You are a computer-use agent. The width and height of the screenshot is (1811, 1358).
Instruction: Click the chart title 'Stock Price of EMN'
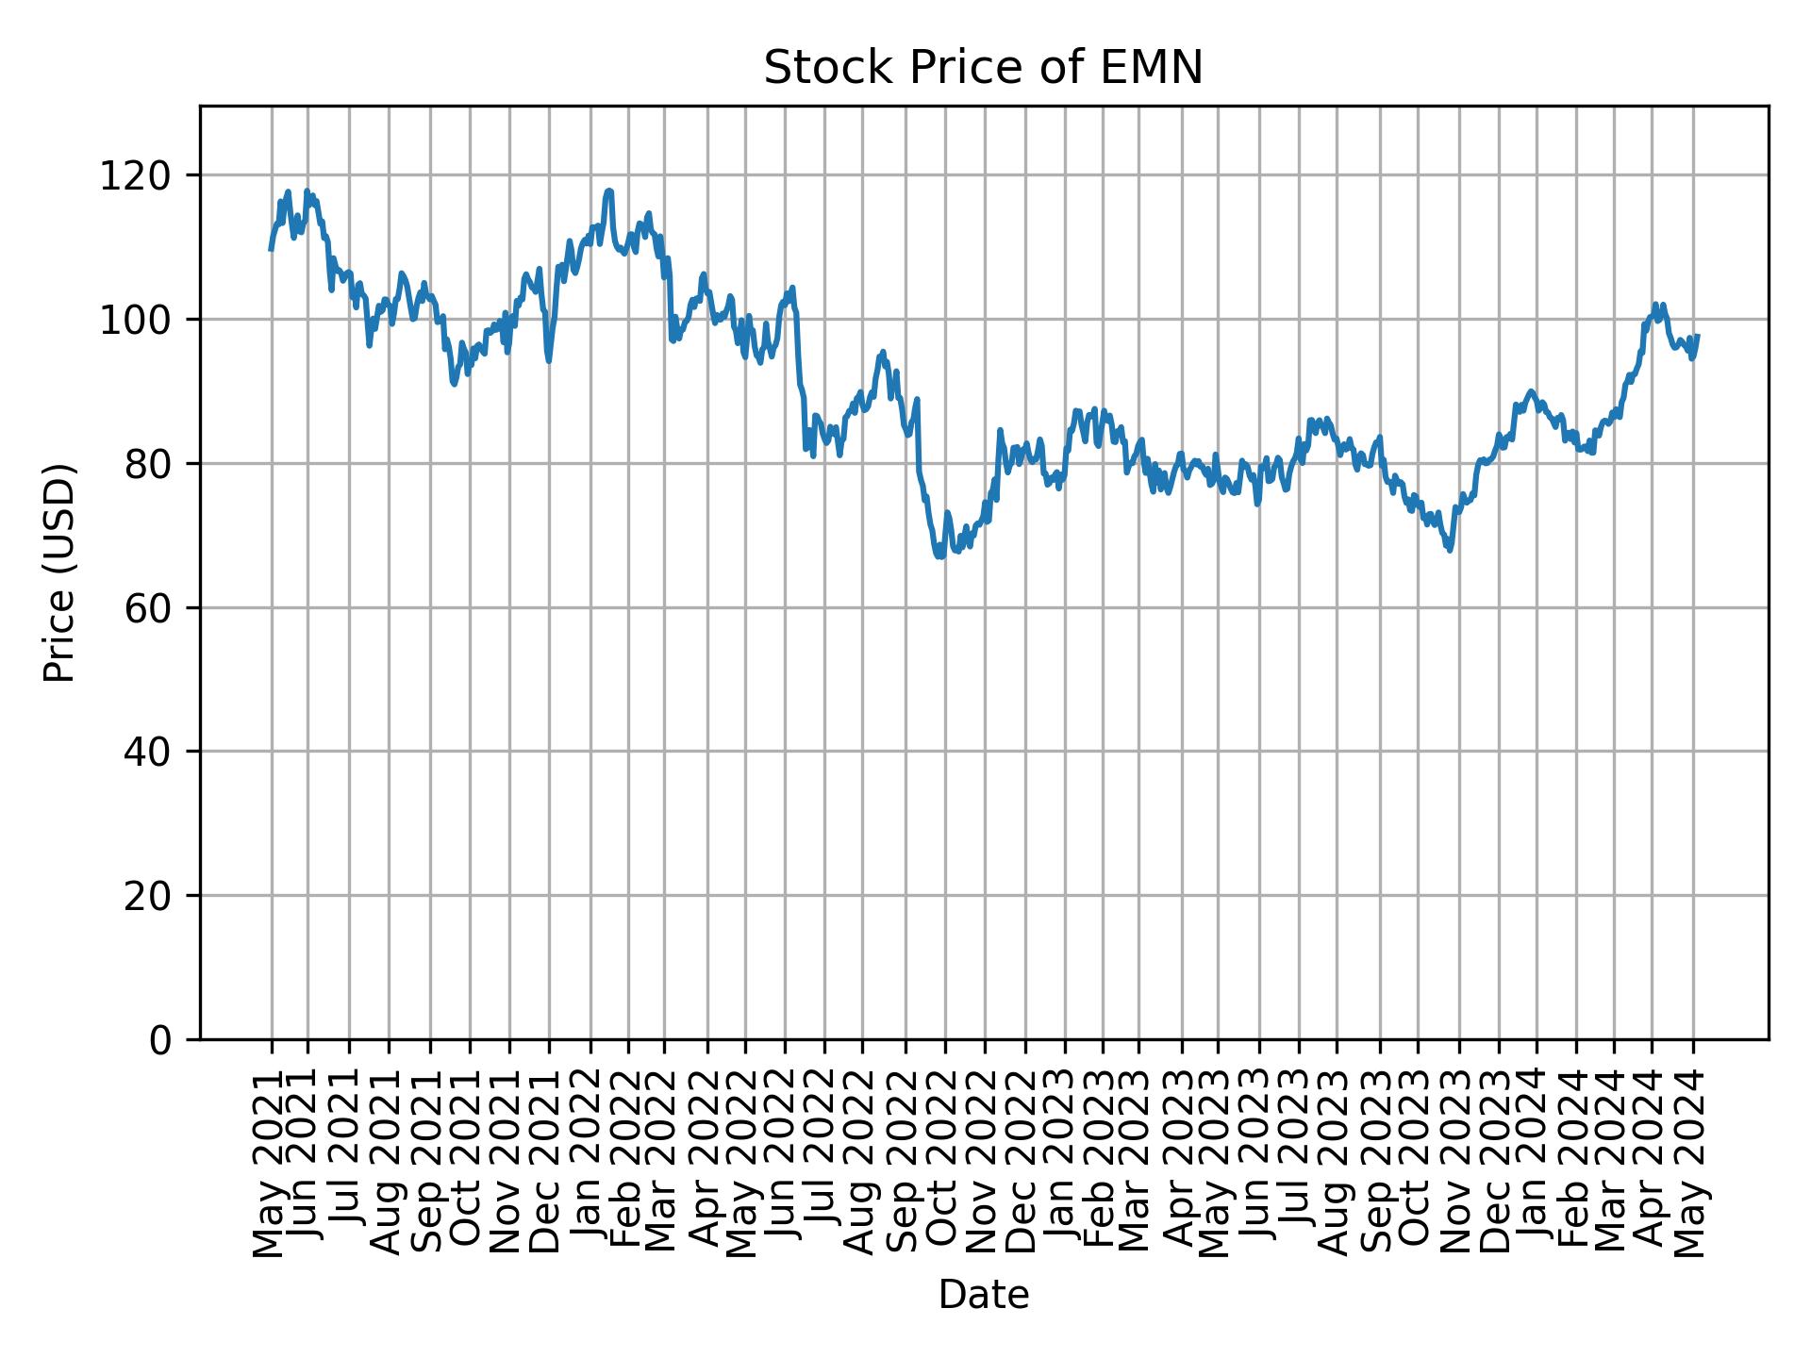pyautogui.click(x=983, y=68)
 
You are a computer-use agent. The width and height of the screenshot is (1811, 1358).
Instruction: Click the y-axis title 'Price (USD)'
pyautogui.click(x=58, y=572)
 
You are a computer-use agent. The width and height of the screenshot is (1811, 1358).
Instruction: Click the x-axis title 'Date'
pyautogui.click(x=983, y=1296)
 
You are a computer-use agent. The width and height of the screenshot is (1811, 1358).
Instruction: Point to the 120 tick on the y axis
pyautogui.click(x=142, y=175)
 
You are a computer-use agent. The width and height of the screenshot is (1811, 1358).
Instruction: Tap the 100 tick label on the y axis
pyautogui.click(x=142, y=320)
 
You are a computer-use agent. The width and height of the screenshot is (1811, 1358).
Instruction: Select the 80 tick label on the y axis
pyautogui.click(x=149, y=464)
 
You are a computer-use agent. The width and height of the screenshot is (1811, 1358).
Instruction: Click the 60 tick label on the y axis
pyautogui.click(x=149, y=608)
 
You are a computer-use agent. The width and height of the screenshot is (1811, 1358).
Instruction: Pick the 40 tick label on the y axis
pyautogui.click(x=149, y=752)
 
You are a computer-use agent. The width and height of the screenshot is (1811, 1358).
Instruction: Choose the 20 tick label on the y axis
pyautogui.click(x=149, y=896)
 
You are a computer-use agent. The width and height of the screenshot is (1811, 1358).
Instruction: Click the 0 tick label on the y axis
pyautogui.click(x=160, y=1039)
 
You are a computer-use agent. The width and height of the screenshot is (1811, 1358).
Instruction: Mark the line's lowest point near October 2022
pyautogui.click(x=939, y=556)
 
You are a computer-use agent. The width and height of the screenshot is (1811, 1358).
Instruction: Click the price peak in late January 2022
pyautogui.click(x=609, y=190)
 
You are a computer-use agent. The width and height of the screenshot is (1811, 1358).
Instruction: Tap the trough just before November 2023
pyautogui.click(x=1450, y=550)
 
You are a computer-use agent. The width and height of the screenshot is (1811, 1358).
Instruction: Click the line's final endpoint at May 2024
pyautogui.click(x=1698, y=336)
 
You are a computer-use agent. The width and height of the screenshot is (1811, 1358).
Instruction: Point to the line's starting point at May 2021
pyautogui.click(x=271, y=250)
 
